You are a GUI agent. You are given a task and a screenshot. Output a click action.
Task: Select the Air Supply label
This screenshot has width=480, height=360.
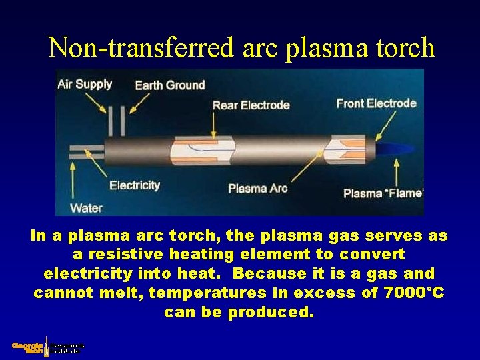coord(85,84)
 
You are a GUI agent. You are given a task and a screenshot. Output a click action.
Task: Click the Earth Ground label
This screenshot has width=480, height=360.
coord(169,85)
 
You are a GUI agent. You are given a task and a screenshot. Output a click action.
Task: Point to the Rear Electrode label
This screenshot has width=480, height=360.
coord(251,105)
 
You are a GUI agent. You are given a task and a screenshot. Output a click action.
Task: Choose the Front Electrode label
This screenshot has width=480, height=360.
coord(376,103)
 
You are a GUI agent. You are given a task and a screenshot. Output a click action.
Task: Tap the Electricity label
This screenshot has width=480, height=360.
coord(135,185)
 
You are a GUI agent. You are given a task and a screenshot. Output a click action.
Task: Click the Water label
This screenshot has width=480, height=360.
coord(86,208)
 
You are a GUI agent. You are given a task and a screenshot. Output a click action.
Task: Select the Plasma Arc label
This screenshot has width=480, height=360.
coord(257,188)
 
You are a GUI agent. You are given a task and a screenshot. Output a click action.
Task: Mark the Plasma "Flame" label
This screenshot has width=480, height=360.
coord(383,193)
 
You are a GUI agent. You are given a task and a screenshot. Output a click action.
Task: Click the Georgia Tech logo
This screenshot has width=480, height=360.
coord(47,347)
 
